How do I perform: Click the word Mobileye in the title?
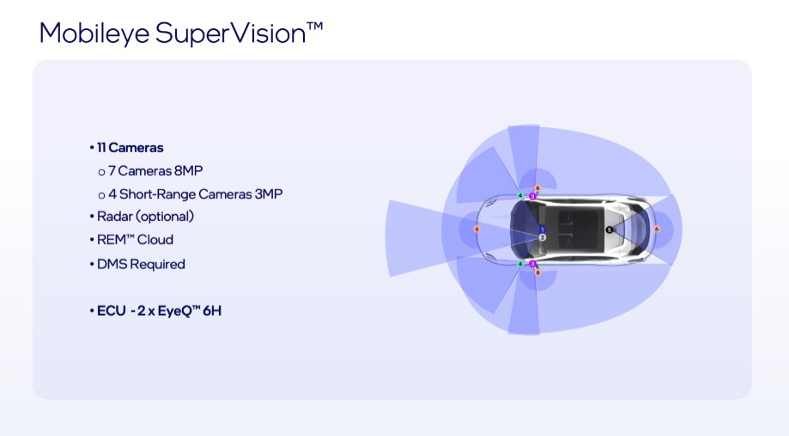[x=94, y=34]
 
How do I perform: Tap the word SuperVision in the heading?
[x=231, y=34]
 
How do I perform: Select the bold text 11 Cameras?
[x=130, y=148]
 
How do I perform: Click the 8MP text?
[x=189, y=171]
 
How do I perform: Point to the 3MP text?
[x=269, y=194]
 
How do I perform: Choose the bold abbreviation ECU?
[x=112, y=310]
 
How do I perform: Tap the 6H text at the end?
[x=212, y=310]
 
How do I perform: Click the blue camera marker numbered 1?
[x=542, y=230]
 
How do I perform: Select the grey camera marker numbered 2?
[x=542, y=237]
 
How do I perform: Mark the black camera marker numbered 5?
[x=609, y=230]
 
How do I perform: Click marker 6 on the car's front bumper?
[x=477, y=230]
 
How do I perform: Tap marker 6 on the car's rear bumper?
[x=656, y=230]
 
